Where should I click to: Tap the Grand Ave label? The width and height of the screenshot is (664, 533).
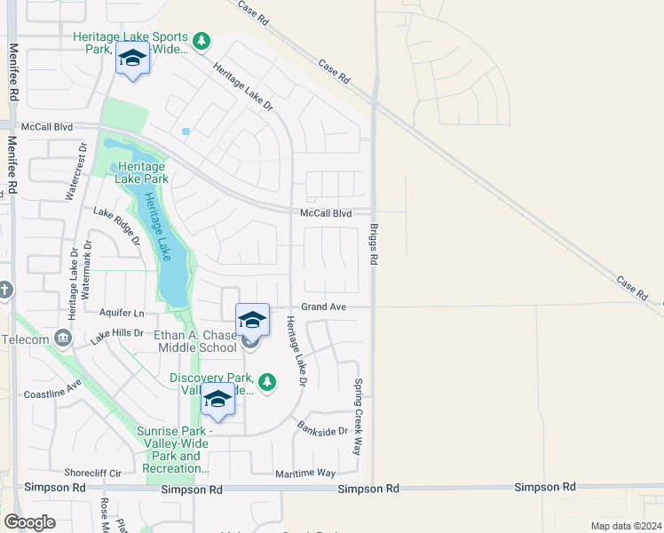coord(323,306)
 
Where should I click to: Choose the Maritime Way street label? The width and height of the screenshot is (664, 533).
coord(305,473)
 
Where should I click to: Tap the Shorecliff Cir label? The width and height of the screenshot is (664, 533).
coord(91,473)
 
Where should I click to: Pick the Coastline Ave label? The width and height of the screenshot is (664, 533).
coord(52,388)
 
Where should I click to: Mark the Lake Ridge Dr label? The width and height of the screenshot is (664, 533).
coord(117,226)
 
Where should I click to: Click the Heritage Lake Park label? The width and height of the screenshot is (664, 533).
coord(140,172)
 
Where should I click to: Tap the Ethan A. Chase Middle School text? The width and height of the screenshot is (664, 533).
coord(195,341)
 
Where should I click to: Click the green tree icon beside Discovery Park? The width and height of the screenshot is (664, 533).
coord(267,383)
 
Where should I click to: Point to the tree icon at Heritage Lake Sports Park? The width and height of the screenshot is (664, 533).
coord(202,41)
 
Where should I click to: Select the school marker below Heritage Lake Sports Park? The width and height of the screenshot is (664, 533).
coord(131,60)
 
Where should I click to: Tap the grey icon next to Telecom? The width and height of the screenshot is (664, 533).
coord(62,338)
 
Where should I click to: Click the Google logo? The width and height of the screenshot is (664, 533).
coord(29,522)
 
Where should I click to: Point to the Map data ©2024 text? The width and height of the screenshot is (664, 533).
coord(625,526)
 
